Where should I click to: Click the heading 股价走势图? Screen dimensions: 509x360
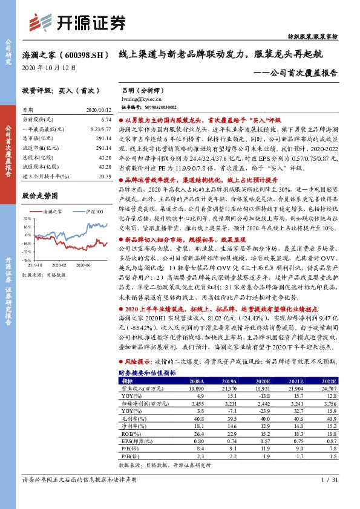coord(39,196)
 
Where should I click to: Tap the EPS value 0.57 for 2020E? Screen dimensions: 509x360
coord(262,441)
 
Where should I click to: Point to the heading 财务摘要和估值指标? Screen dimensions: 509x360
coord(147,373)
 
